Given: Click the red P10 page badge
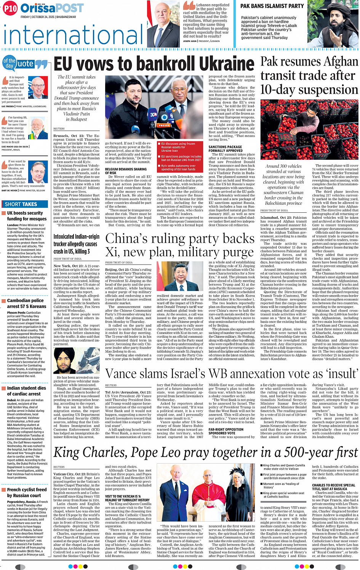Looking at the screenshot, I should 10,8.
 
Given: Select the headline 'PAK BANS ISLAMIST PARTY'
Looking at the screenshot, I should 272,6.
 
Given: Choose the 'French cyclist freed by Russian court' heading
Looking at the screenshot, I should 27,492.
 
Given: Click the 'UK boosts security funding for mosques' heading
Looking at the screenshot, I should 27,216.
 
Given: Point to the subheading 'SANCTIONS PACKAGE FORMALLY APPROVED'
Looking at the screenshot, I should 226,149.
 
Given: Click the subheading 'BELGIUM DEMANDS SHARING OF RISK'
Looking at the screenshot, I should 126,171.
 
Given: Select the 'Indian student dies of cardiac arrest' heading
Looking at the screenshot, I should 26,391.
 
